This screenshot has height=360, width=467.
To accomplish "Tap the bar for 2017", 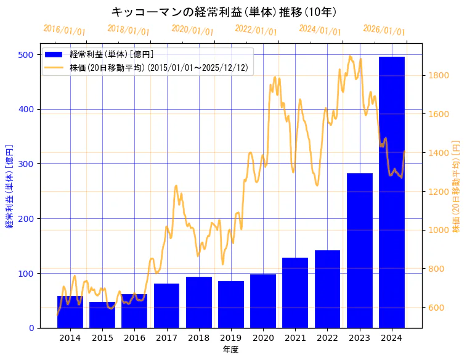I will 166,306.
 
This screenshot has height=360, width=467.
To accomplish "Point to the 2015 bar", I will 102,315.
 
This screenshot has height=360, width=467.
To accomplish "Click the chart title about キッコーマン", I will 224,12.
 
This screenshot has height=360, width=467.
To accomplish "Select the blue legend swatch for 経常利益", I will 56,55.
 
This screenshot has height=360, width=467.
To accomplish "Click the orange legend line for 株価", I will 56,68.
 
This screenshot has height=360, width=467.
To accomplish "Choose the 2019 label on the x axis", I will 231,338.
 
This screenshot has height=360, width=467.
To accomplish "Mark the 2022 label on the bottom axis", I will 327,338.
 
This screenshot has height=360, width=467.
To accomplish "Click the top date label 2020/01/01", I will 192,30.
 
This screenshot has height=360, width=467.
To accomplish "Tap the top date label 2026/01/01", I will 384,30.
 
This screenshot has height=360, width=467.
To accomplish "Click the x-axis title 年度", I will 231,350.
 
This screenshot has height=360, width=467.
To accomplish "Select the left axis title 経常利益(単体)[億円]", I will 9,186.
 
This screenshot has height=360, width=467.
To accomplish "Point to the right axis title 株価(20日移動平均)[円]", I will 457,186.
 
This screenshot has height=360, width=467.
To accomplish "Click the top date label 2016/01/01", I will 64,30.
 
